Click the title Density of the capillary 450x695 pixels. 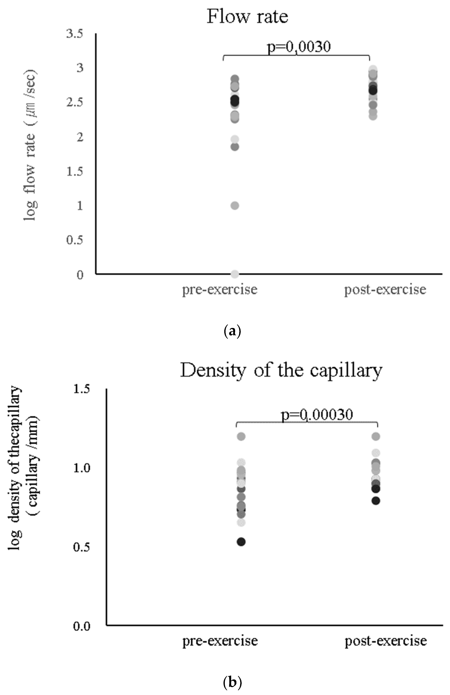coord(281,370)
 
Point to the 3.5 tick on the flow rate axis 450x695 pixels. coord(75,34)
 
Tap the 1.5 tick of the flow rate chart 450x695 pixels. coord(75,171)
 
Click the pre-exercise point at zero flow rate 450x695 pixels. coord(235,274)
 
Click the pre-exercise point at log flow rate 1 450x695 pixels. coord(235,206)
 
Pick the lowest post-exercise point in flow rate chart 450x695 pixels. coord(373,116)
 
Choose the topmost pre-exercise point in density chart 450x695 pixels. coord(241,437)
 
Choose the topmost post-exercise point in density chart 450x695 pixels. coord(376,437)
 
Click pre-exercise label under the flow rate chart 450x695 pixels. coord(220,290)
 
